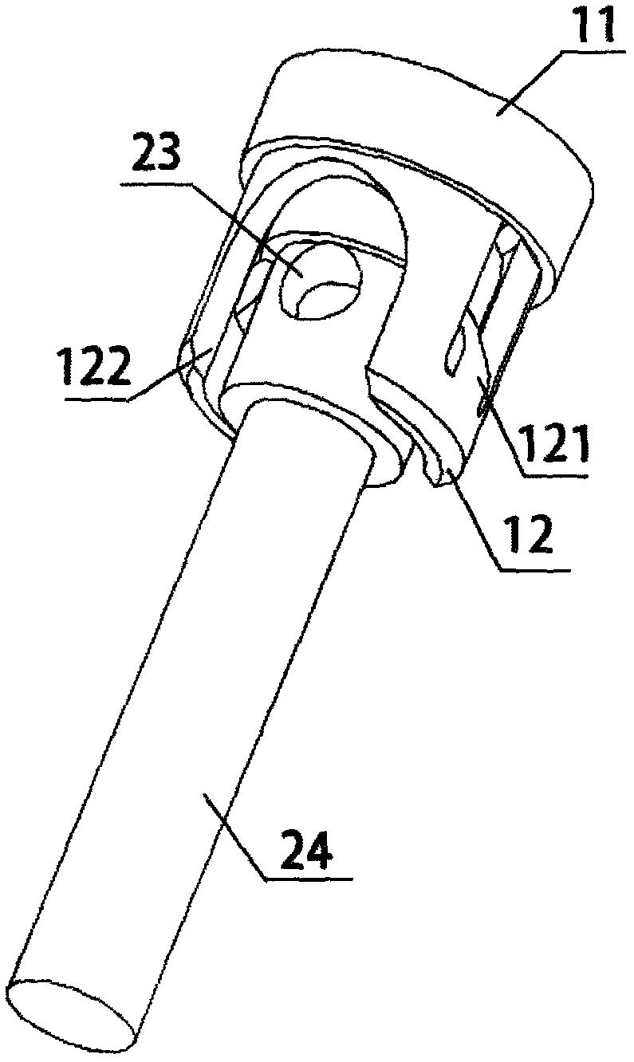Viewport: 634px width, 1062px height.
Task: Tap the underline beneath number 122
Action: [96, 400]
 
